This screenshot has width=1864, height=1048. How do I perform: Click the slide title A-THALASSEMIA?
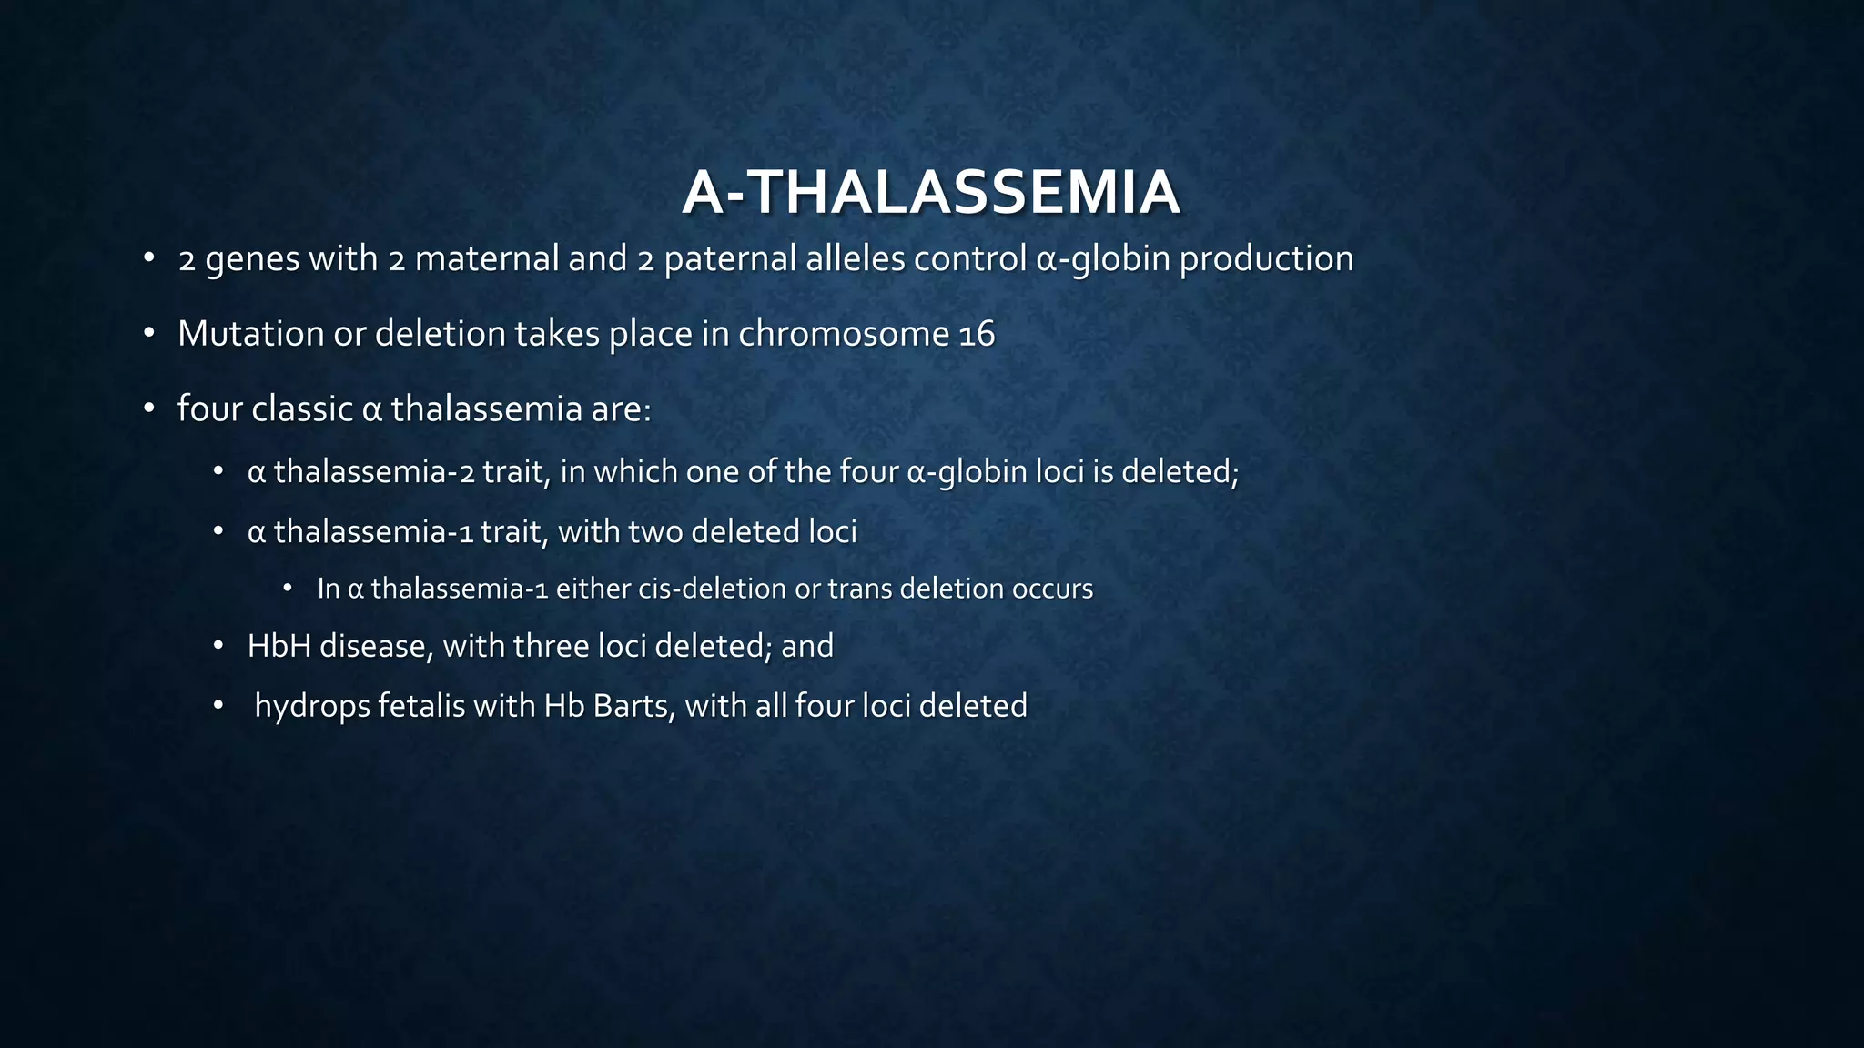931,193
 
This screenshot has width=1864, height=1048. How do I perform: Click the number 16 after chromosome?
977,335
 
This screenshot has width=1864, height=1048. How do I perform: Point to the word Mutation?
250,334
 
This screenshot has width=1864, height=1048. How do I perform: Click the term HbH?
279,647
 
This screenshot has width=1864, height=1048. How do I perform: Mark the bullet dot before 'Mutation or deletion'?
149,334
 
